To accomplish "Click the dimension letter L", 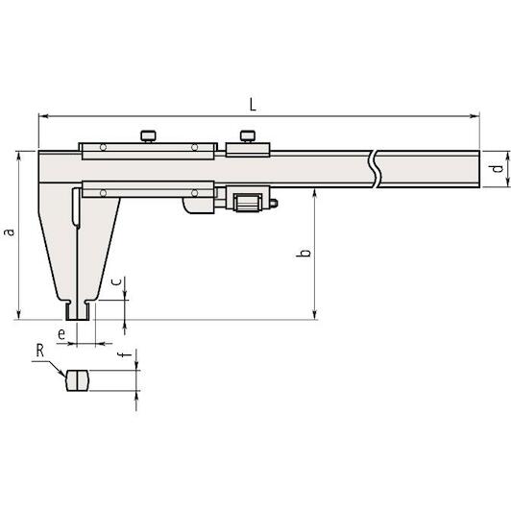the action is click(x=253, y=105).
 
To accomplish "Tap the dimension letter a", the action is click(x=11, y=231).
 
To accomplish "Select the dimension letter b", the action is click(x=304, y=253).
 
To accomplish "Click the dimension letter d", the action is click(x=497, y=168).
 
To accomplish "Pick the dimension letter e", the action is click(x=61, y=333).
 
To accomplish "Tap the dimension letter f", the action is click(x=127, y=353).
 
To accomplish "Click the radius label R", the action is click(x=39, y=351).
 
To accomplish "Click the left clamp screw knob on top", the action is click(x=148, y=135).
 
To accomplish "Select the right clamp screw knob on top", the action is click(x=248, y=135).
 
